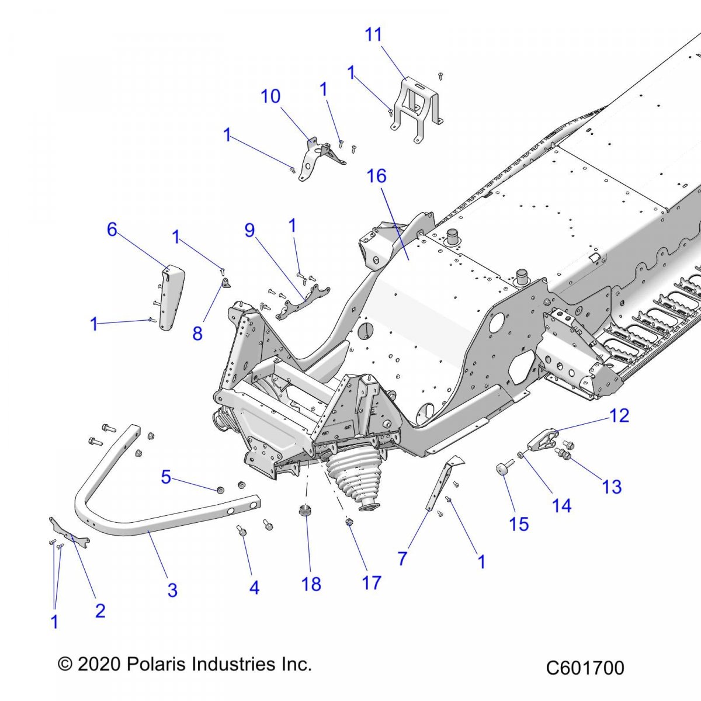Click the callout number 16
(x=377, y=176)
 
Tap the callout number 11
(x=373, y=34)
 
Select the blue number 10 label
(x=270, y=96)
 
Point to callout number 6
(x=112, y=230)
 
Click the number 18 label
(x=311, y=584)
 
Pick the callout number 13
(x=612, y=487)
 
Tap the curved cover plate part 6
(x=172, y=298)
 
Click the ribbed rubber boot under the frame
(x=350, y=473)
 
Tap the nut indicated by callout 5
(x=221, y=489)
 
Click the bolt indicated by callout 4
(x=240, y=530)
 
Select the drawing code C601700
(x=585, y=667)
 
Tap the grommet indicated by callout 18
(x=304, y=512)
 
